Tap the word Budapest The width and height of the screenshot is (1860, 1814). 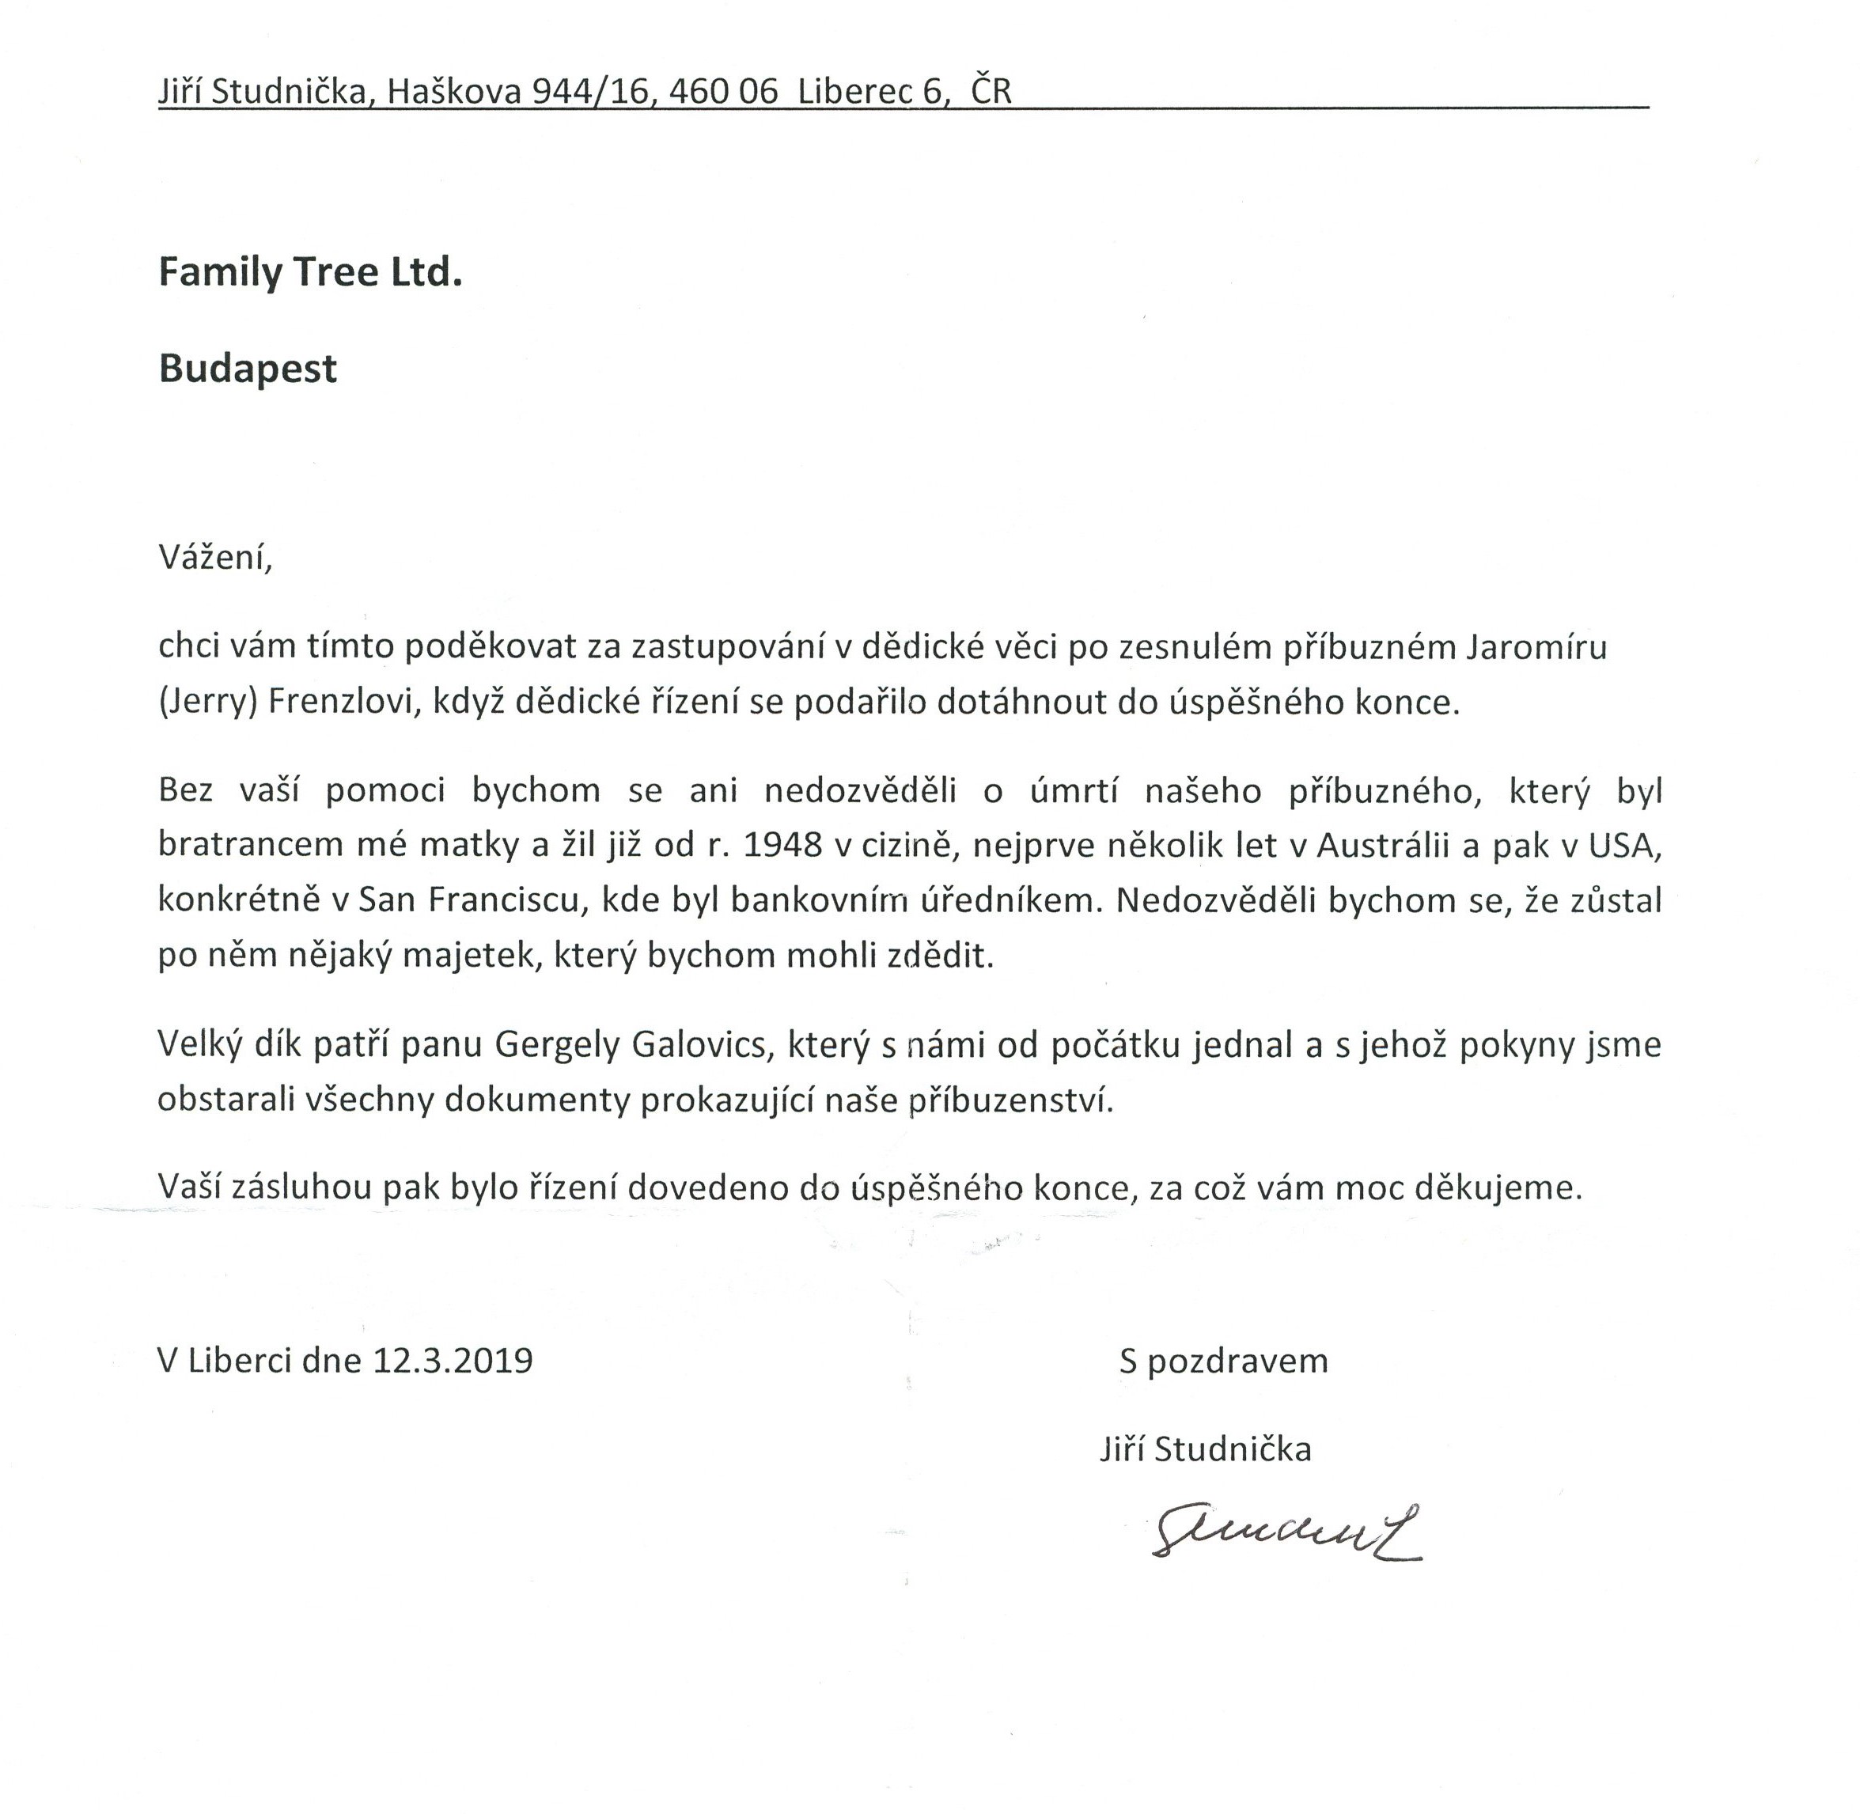tap(248, 369)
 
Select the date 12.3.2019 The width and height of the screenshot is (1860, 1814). tap(453, 1361)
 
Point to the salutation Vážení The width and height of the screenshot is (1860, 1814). tap(215, 558)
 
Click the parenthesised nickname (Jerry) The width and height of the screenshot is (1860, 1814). tap(208, 703)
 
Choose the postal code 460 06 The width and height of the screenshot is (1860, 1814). tap(723, 92)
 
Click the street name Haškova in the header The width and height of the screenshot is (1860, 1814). tap(456, 92)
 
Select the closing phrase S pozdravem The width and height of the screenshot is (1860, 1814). tap(1223, 1361)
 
